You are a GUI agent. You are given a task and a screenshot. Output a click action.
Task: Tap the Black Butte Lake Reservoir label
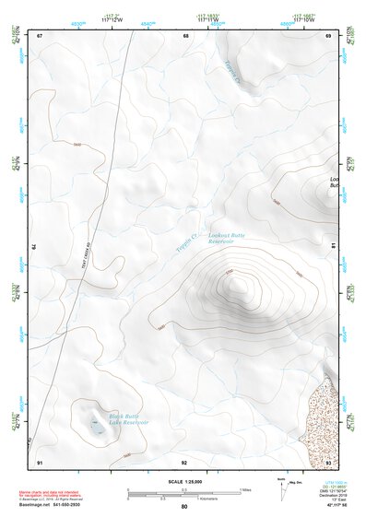tap(129, 419)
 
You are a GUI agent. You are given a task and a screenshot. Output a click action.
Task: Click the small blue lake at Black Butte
tap(95, 426)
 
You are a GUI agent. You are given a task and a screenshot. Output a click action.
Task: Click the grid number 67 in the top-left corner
tap(40, 36)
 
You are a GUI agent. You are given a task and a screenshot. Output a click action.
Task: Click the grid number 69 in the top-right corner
tap(329, 36)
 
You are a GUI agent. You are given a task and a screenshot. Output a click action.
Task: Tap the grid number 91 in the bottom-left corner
tap(40, 461)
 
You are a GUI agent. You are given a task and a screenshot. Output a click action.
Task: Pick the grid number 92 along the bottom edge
tap(184, 461)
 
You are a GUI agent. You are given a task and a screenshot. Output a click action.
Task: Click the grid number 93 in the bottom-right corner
tap(329, 461)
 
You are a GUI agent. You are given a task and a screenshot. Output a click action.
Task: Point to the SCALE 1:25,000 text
tap(183, 482)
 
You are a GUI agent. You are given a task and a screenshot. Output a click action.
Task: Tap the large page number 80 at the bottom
tap(184, 507)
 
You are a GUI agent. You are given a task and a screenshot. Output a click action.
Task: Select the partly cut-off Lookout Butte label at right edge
tap(333, 182)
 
